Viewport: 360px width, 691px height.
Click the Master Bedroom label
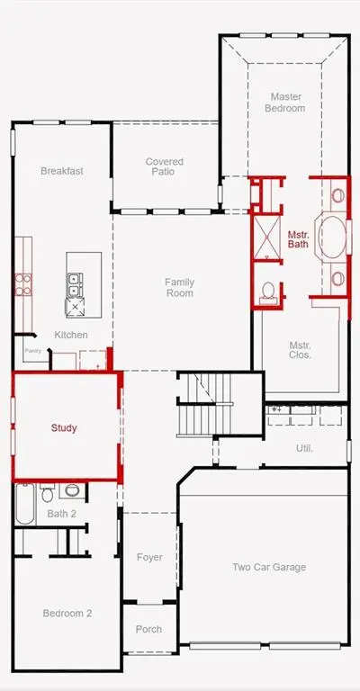coord(284,103)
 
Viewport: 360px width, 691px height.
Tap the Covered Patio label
coord(164,166)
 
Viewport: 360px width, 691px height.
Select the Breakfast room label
coord(62,171)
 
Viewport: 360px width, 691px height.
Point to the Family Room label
coord(179,287)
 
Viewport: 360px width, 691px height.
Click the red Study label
coord(64,427)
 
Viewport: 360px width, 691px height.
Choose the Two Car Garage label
coord(269,567)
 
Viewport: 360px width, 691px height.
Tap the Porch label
coord(148,629)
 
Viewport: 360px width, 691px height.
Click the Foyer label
coord(149,557)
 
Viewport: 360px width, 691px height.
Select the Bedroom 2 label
coord(67,613)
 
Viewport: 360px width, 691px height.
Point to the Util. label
coord(304,449)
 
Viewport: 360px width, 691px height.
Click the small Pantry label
coord(33,351)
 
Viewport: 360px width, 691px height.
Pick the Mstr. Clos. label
coord(300,350)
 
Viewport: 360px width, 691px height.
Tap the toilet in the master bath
coord(267,292)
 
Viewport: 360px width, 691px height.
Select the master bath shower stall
coord(266,238)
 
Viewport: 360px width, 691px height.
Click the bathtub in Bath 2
coord(25,504)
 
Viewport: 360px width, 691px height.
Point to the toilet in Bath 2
coord(48,493)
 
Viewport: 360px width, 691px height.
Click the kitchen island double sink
coord(75,284)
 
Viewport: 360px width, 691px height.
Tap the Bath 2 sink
coord(72,490)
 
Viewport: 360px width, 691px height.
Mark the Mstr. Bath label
coord(298,238)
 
